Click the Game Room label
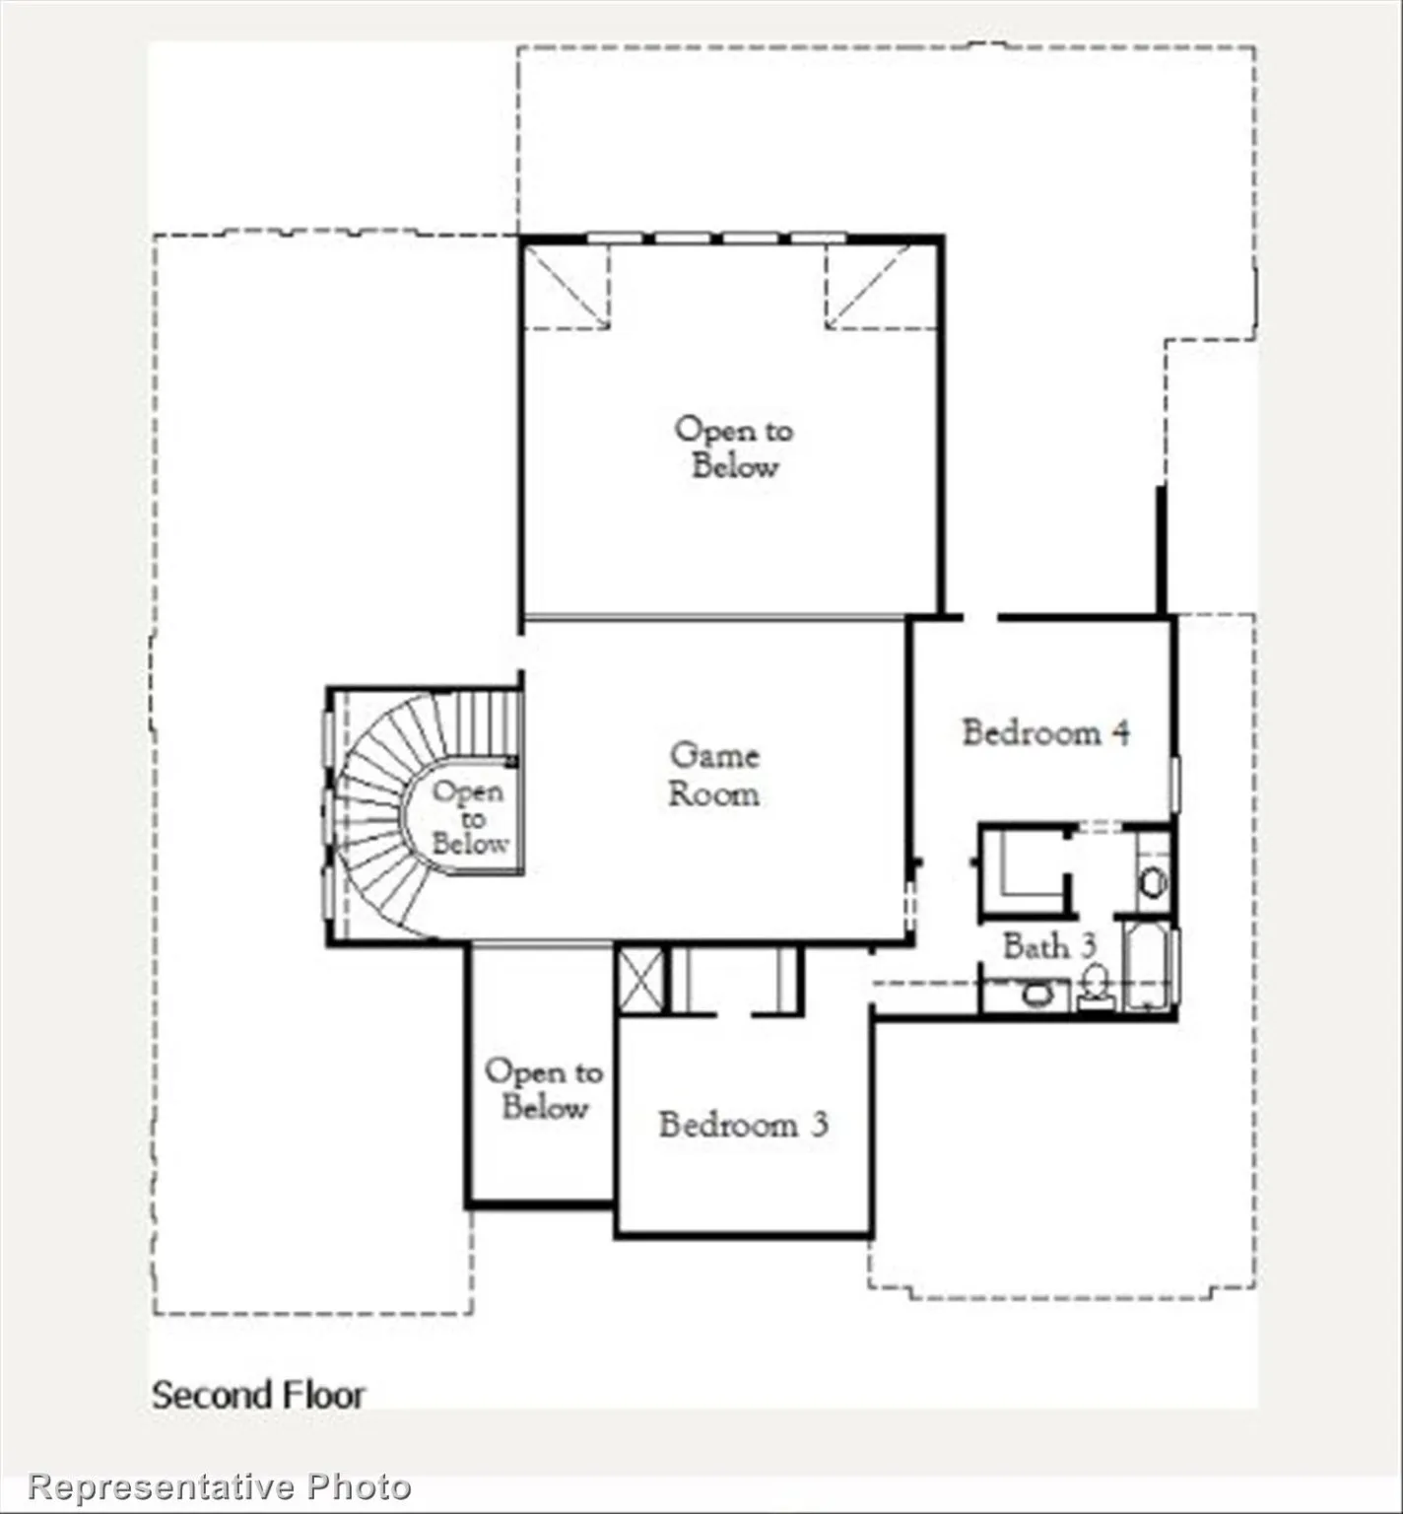tap(714, 775)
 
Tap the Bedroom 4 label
tap(1045, 732)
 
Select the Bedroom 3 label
tap(743, 1124)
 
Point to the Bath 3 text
tap(1048, 945)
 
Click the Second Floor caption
tap(258, 1395)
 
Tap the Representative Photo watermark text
tap(220, 1485)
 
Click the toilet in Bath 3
tap(1095, 987)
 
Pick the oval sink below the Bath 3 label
tap(1036, 995)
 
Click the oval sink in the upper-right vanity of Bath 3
tap(1152, 880)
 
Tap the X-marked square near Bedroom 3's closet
tap(640, 979)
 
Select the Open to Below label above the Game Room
tap(733, 447)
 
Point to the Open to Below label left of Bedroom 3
tap(543, 1089)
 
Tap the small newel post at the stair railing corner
tap(511, 760)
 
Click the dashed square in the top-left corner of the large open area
tap(566, 286)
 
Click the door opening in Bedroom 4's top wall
tap(979, 618)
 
